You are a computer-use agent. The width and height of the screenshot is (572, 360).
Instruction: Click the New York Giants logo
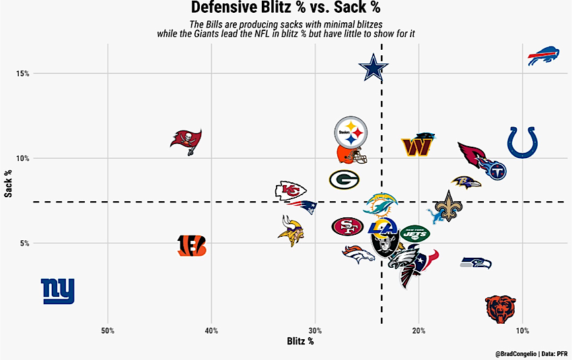pyautogui.click(x=58, y=291)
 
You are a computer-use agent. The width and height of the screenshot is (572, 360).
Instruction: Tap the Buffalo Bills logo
pyautogui.click(x=544, y=56)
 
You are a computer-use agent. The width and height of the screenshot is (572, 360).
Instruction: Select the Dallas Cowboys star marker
pyautogui.click(x=373, y=67)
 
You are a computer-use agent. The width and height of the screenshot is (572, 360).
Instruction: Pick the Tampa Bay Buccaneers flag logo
pyautogui.click(x=186, y=142)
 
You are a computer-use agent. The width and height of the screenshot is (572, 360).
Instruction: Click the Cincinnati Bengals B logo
pyautogui.click(x=192, y=246)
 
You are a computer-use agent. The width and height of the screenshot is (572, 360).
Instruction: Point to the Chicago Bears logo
pyautogui.click(x=501, y=309)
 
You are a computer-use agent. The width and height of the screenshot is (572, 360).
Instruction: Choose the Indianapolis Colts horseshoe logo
pyautogui.click(x=522, y=142)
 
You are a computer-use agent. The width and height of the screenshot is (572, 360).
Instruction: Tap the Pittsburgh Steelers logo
pyautogui.click(x=351, y=133)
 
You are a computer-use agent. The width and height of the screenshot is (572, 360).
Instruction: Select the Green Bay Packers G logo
pyautogui.click(x=344, y=180)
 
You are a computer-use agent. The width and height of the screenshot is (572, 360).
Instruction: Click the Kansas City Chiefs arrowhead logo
pyautogui.click(x=291, y=190)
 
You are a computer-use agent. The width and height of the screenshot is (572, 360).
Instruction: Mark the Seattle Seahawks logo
pyautogui.click(x=476, y=262)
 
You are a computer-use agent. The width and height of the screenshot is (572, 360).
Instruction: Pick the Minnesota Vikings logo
pyautogui.click(x=291, y=231)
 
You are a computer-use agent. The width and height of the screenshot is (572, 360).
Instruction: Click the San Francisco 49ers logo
pyautogui.click(x=348, y=227)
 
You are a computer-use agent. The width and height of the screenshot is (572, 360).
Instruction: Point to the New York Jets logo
pyautogui.click(x=415, y=233)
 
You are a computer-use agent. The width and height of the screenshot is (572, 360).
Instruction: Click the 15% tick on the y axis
pyautogui.click(x=23, y=73)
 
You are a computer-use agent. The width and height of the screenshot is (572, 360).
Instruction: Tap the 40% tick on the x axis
pyautogui.click(x=211, y=331)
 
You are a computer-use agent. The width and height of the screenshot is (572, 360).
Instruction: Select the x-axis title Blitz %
pyautogui.click(x=300, y=341)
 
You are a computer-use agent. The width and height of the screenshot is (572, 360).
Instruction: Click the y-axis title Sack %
pyautogui.click(x=8, y=184)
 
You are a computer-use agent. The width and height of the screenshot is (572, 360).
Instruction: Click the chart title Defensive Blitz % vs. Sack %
pyautogui.click(x=285, y=7)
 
